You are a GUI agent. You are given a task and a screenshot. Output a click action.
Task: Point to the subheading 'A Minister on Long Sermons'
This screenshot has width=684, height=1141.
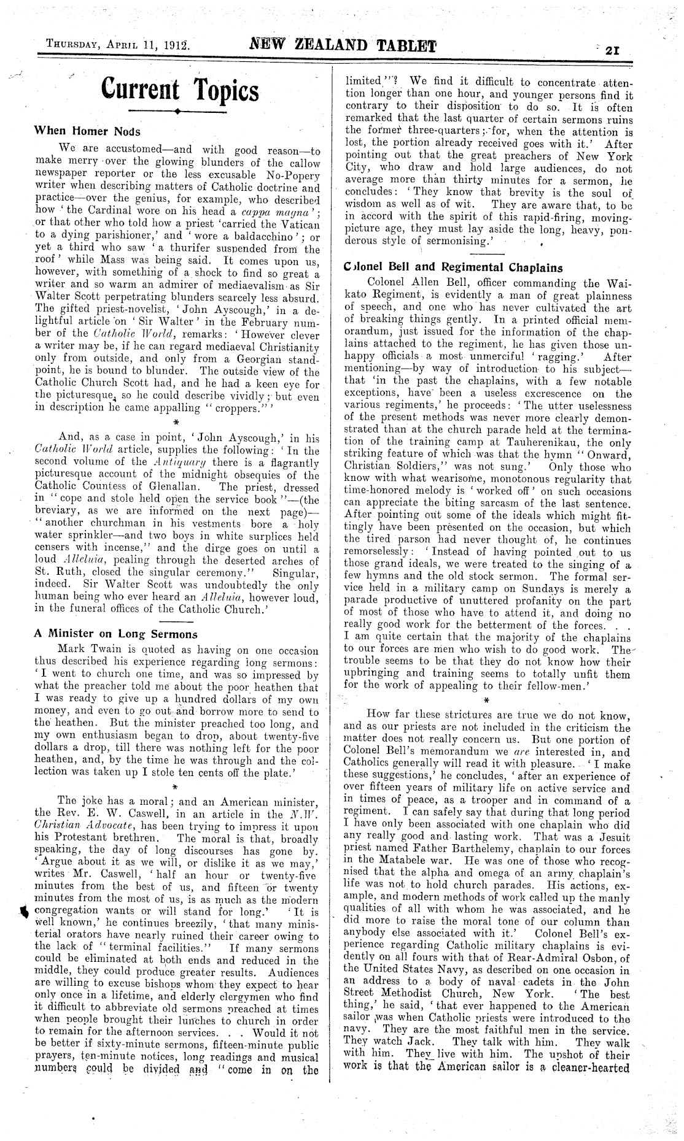pos(115,634)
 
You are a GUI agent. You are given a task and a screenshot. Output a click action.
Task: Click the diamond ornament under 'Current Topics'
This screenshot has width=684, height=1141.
pos(176,112)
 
